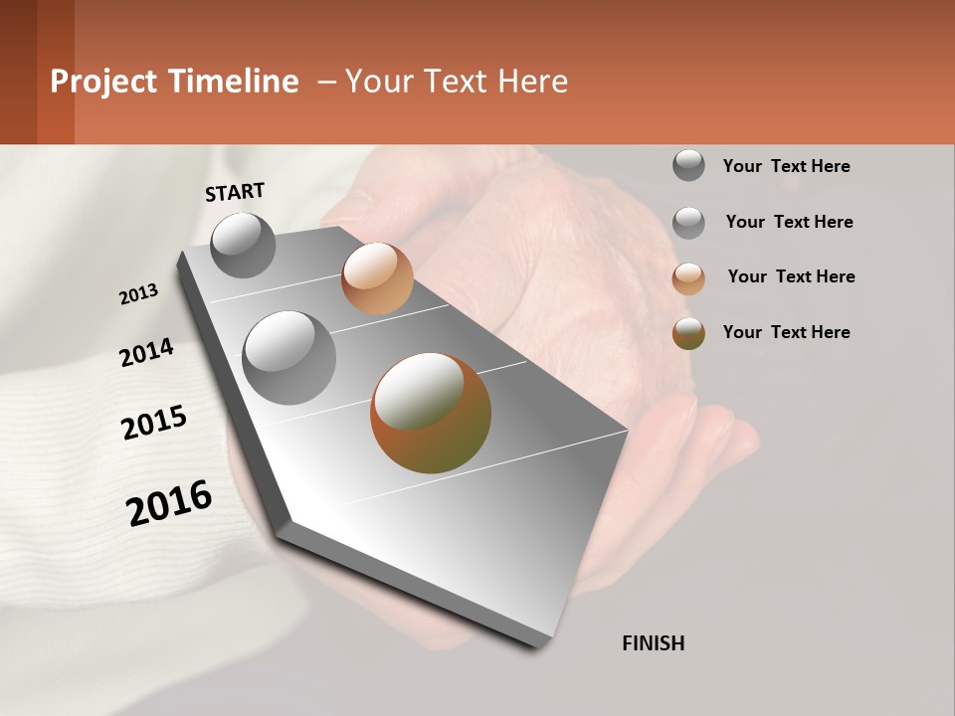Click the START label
235,192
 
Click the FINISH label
653,643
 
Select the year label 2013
139,294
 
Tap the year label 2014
146,353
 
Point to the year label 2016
169,503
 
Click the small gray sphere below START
244,245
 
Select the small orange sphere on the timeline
377,278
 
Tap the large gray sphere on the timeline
288,358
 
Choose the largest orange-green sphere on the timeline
431,413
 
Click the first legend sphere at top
688,166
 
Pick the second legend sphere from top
688,223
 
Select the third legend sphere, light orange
688,278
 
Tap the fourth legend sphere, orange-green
688,333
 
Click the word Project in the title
103,82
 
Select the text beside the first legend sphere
786,166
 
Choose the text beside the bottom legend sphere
786,332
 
